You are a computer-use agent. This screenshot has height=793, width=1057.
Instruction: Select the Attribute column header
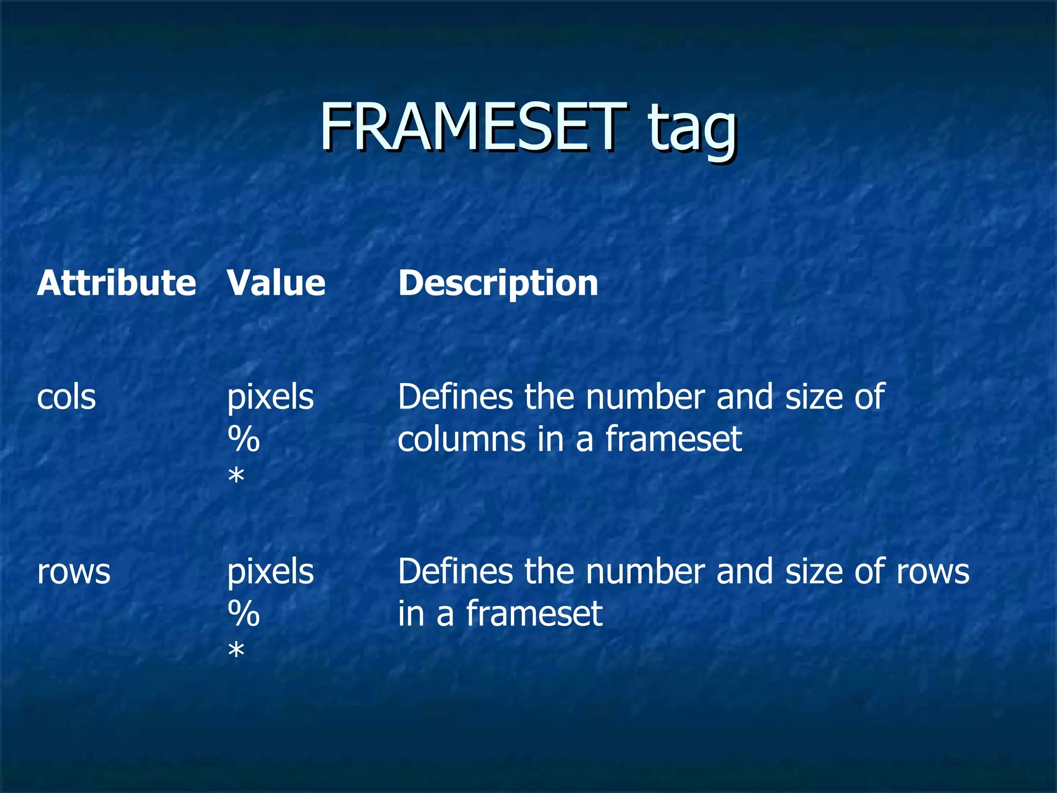[x=116, y=283]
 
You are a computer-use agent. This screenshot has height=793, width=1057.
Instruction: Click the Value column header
[x=276, y=283]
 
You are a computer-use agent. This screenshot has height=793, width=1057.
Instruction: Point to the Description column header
[x=498, y=284]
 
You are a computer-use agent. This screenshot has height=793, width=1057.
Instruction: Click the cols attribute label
[x=67, y=398]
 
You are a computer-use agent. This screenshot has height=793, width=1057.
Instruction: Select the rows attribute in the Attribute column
[x=74, y=573]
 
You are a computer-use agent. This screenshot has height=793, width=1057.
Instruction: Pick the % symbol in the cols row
[x=244, y=440]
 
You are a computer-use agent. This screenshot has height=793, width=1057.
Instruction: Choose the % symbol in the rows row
[x=244, y=614]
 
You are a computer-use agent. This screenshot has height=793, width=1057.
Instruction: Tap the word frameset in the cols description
[x=674, y=439]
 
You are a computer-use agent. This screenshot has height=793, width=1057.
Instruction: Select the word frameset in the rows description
[x=534, y=614]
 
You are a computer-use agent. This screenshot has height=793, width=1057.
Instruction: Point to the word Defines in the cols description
[x=455, y=398]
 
